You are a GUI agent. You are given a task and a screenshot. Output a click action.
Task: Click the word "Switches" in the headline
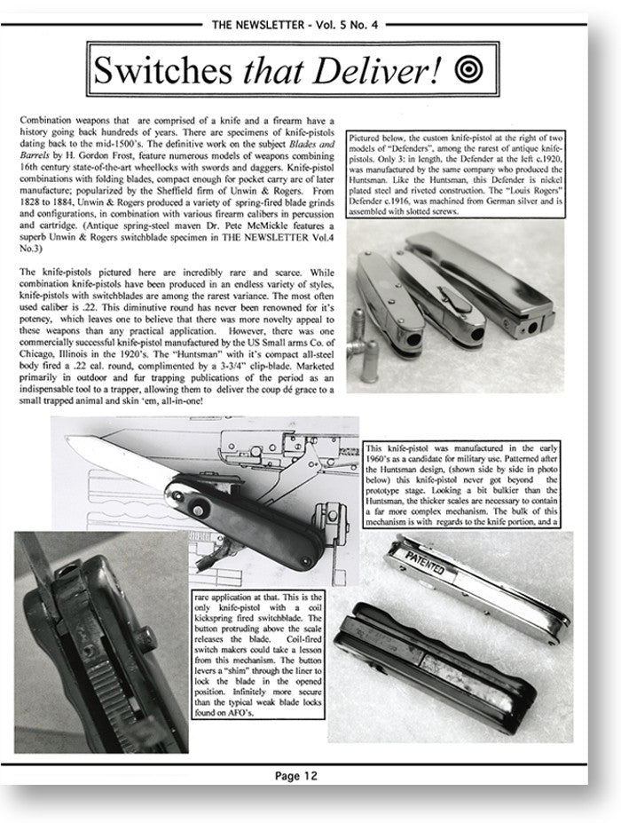click(166, 69)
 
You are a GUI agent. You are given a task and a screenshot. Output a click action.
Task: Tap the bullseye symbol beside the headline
click(467, 67)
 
